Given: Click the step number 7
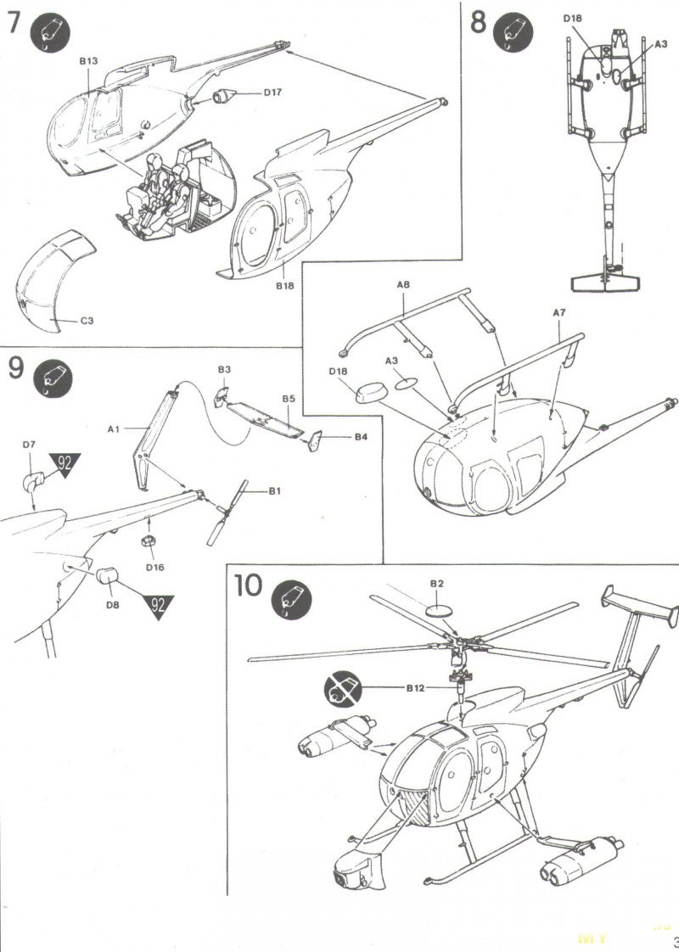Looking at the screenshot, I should point(14,23).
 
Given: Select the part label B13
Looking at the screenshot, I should point(89,61).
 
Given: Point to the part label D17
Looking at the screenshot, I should point(272,93).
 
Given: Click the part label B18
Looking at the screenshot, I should point(283,287).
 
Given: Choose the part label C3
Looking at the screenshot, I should point(87,321).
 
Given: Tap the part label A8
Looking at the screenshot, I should point(403,285).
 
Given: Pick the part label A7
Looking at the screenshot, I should point(558,312).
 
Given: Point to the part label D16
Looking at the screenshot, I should point(154,566).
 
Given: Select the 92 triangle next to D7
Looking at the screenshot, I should point(65,466).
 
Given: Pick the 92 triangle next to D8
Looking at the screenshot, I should point(156,607).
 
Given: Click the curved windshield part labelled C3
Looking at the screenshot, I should point(53,281).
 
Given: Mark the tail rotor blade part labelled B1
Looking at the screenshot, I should point(227,512).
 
